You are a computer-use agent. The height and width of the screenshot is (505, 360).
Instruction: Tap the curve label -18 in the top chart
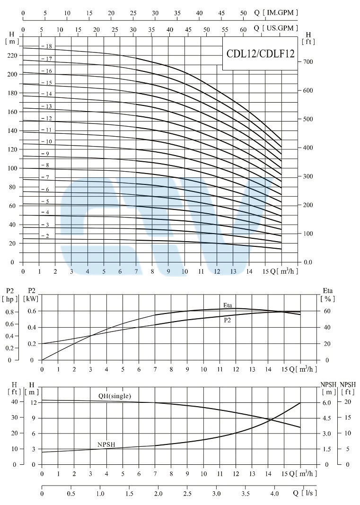48,46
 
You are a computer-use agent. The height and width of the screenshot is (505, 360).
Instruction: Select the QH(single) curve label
114,396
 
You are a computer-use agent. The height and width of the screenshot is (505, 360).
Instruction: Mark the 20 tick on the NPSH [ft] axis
348,402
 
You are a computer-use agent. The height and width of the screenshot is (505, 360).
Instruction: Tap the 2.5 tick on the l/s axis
187,494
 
